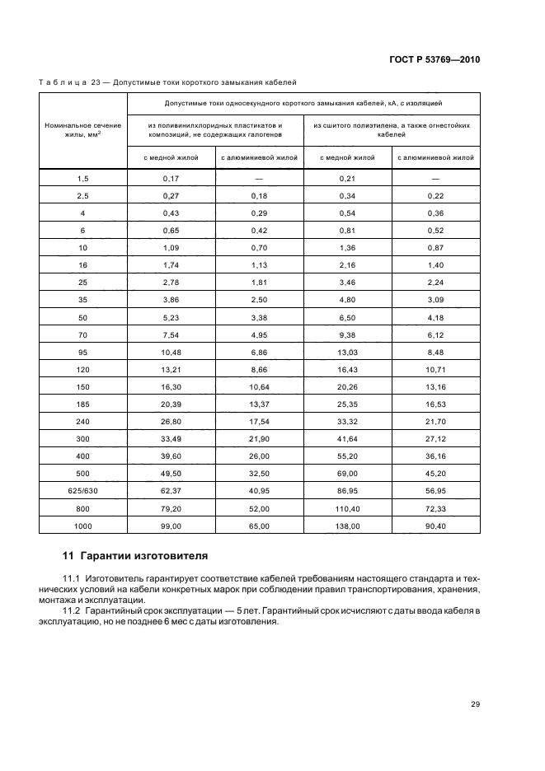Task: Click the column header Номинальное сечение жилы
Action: (82, 130)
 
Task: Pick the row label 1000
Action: (82, 525)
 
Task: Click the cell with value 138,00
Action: (349, 525)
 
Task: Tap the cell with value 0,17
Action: (171, 178)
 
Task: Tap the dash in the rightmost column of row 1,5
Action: (435, 178)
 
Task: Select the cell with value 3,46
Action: (349, 283)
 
